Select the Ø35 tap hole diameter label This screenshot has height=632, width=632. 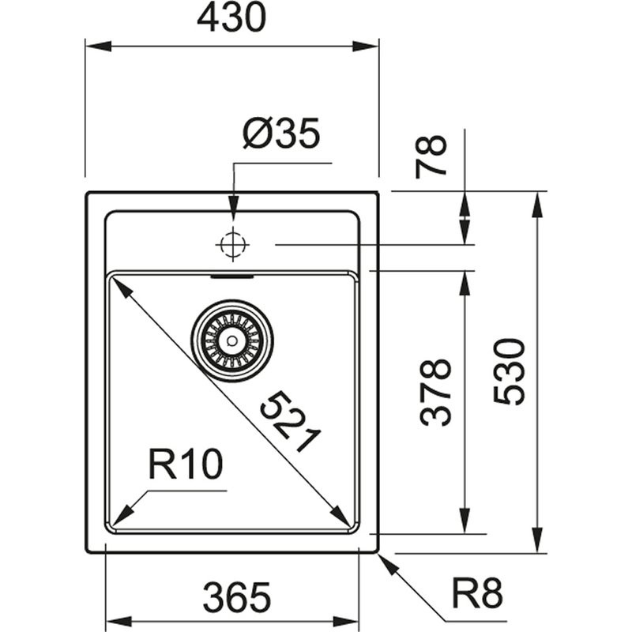[281, 135]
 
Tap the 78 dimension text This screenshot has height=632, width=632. [433, 156]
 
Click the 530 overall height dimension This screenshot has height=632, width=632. [510, 371]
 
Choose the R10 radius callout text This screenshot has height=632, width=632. [186, 466]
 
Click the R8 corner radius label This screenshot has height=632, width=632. [477, 592]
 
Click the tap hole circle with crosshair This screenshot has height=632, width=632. [231, 245]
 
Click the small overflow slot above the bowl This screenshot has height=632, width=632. [231, 277]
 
